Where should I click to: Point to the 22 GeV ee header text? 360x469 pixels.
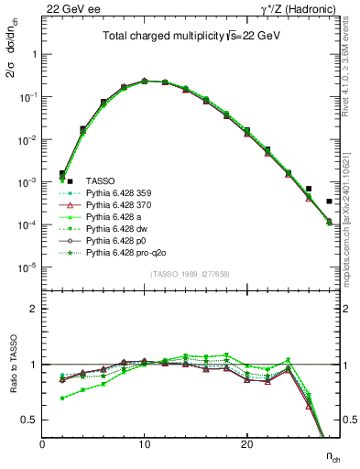coord(68,8)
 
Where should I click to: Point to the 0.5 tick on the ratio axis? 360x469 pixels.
coord(28,420)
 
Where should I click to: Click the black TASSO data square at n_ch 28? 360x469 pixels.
coord(329,201)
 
